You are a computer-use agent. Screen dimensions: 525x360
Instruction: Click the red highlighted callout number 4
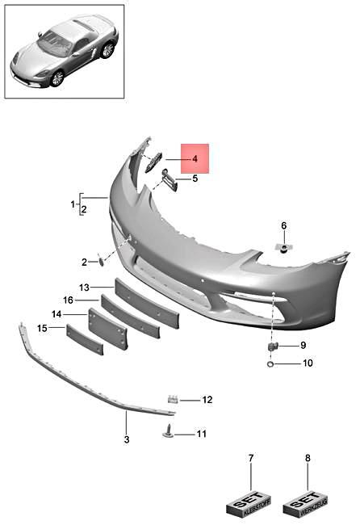point(195,159)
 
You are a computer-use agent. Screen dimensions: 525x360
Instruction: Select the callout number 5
point(195,178)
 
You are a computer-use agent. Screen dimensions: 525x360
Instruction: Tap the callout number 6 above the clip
point(283,225)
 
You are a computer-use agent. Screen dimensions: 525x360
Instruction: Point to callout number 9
point(303,346)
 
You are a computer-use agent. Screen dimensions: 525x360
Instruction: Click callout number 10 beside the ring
point(307,363)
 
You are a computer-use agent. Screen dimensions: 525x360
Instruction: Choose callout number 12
point(207,400)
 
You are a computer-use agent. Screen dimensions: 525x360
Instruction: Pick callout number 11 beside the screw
point(202,434)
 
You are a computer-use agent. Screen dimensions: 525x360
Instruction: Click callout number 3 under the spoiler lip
point(126,440)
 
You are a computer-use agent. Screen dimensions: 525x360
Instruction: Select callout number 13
point(84,288)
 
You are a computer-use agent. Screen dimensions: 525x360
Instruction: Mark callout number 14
point(57,314)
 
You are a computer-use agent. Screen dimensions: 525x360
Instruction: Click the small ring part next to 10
point(270,363)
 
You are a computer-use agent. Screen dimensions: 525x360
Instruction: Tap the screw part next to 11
point(170,432)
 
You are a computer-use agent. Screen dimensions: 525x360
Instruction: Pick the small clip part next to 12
point(173,399)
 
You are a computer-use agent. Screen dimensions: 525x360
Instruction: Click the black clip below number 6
point(284,247)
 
